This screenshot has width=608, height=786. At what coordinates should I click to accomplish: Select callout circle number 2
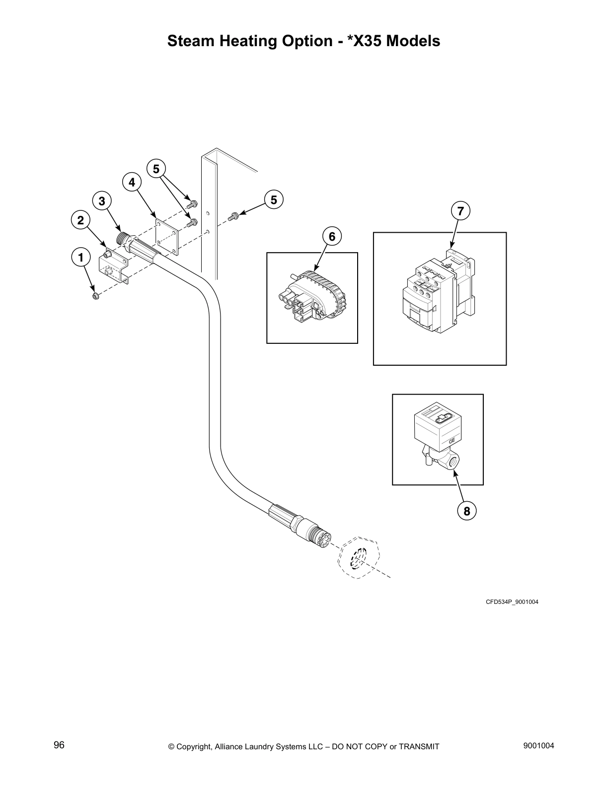point(80,220)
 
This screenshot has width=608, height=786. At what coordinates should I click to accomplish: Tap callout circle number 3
point(102,201)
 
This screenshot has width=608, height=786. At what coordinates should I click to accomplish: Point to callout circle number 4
point(132,182)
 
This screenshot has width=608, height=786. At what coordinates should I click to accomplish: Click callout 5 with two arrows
point(156,169)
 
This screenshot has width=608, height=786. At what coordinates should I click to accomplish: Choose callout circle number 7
point(460,211)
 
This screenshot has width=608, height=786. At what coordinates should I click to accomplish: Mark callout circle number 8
point(467,511)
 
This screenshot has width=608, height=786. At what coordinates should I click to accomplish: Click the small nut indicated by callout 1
point(95,296)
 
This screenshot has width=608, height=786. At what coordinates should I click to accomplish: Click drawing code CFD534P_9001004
point(512,602)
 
